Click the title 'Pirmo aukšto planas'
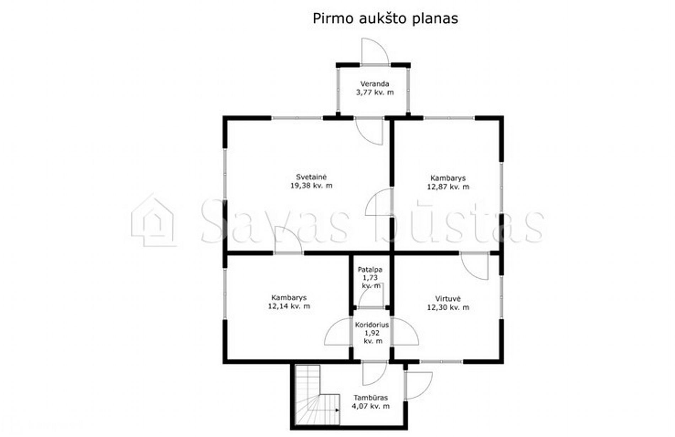385,18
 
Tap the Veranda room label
374,84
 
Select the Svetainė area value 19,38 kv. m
311,185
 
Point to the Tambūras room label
371,398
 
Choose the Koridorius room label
372,324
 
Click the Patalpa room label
370,269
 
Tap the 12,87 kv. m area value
448,187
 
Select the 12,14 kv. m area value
289,306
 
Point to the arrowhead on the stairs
337,410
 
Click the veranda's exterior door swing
375,51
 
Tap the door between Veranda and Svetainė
369,131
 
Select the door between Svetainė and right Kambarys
379,202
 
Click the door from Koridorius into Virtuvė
405,332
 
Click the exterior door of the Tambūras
418,386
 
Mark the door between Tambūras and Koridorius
374,373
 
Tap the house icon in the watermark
153,220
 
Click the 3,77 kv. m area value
375,92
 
